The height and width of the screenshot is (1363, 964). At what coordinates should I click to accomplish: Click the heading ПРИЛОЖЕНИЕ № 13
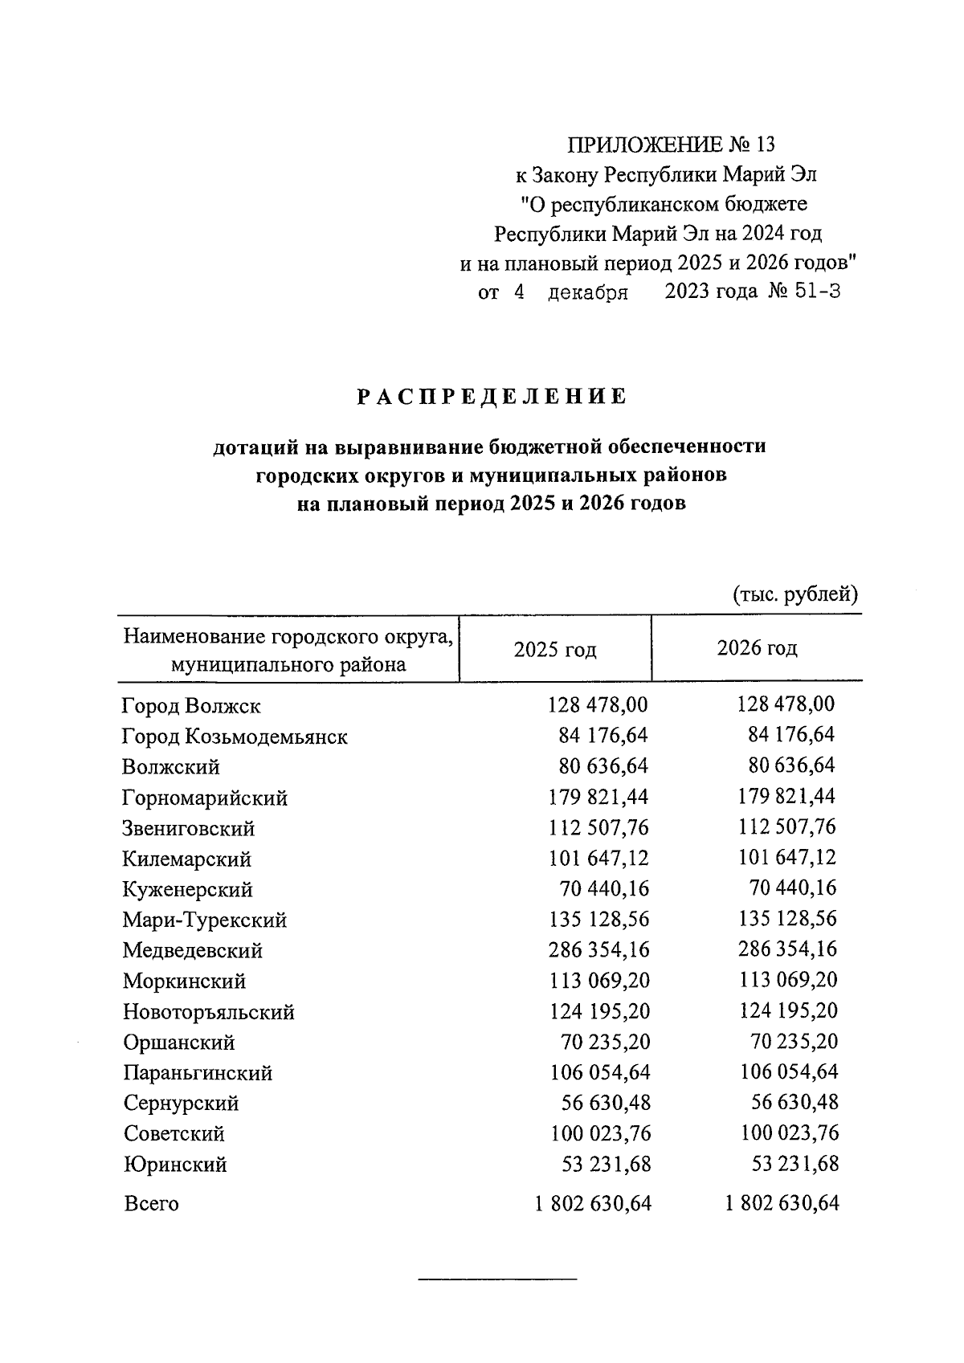672,145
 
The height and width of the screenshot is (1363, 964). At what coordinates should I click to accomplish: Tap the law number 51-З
816,292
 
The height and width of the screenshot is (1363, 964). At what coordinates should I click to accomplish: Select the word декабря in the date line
588,292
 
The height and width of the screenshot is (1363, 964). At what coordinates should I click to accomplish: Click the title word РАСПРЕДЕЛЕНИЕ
491,397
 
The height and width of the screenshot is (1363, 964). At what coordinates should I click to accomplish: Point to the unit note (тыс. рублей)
795,594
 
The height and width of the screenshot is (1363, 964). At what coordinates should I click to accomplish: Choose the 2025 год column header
555,649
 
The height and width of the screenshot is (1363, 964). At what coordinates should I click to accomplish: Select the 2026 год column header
757,648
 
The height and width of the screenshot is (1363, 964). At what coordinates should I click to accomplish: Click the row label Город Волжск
191,707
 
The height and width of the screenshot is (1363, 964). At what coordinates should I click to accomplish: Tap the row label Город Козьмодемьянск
235,737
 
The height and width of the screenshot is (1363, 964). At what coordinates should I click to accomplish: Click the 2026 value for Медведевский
787,949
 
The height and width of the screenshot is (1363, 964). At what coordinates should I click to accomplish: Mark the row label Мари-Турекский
205,920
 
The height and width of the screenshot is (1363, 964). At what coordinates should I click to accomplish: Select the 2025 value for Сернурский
606,1103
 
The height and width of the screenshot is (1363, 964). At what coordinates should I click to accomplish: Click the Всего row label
151,1204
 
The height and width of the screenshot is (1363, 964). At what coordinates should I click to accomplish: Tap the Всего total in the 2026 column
781,1203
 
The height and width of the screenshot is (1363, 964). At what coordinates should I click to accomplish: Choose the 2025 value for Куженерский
605,889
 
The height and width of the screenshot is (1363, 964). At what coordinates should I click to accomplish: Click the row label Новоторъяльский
209,1012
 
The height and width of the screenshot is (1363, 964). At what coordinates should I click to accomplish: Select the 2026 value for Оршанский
794,1042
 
